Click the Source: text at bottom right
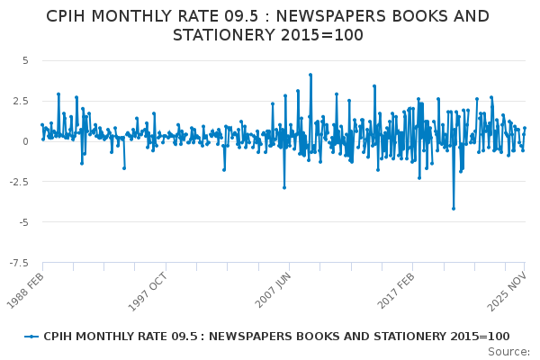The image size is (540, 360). pyautogui.click(x=509, y=352)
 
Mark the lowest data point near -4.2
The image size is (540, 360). pyautogui.click(x=454, y=209)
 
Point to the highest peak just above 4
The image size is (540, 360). pyautogui.click(x=310, y=75)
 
